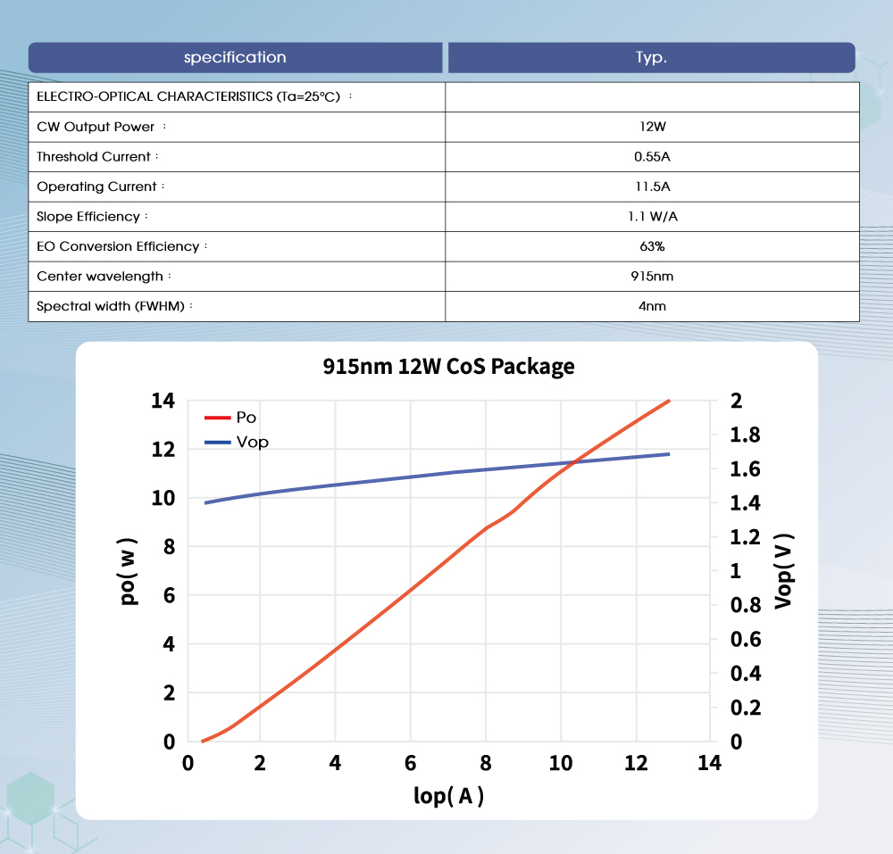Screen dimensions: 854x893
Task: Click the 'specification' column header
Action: [235, 58]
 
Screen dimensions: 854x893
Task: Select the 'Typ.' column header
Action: [651, 58]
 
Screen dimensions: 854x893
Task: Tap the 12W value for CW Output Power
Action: [652, 127]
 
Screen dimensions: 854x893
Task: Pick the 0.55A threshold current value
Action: [652, 157]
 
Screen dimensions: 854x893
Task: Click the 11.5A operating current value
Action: [652, 187]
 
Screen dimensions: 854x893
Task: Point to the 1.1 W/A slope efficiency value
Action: [652, 217]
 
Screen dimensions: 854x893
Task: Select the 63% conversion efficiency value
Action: [652, 246]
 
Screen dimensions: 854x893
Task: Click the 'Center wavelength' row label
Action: [100, 277]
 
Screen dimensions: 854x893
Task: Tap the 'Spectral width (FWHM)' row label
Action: [111, 306]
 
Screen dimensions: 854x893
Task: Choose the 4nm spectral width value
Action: [652, 306]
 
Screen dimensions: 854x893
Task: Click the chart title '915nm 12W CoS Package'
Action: [448, 366]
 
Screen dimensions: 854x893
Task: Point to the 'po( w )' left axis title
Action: [129, 571]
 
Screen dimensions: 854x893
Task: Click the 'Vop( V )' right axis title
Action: [783, 571]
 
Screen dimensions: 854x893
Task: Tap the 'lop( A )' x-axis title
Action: [448, 795]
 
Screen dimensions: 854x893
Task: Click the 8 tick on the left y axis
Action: [169, 547]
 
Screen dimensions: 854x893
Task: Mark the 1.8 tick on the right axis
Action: [746, 435]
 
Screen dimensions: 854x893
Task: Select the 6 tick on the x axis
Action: [410, 763]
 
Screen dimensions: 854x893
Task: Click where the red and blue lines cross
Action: [573, 461]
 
